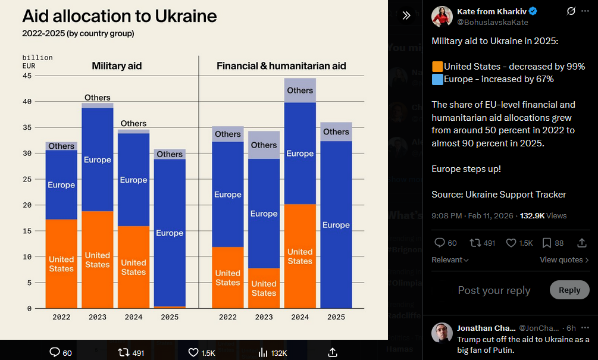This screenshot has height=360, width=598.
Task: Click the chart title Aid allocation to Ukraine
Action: pos(120,15)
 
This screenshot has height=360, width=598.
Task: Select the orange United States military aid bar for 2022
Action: pos(61,264)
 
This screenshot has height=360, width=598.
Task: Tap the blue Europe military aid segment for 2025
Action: pos(170,233)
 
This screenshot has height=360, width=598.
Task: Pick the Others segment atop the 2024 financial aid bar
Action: pos(300,90)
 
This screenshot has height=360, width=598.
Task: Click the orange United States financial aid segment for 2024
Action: pos(300,256)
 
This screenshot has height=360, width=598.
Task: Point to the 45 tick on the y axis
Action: pos(27,76)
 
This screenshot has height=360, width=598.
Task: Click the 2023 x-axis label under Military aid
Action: pos(98,317)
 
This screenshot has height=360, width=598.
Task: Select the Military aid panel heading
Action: pos(117,66)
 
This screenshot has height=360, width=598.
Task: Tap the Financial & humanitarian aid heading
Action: pos(281,66)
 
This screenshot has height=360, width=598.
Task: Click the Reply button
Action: pos(569,290)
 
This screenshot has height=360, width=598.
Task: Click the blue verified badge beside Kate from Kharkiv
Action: pos(533,11)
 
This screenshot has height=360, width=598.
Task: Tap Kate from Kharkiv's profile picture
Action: pos(442,16)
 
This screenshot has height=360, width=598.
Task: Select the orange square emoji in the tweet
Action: pos(437,67)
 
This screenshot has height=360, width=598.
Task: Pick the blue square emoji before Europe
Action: pos(437,79)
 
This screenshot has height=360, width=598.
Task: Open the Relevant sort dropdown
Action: pos(450,260)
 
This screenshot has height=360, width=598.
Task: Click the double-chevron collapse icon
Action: pos(406,15)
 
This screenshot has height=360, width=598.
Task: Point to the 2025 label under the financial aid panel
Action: pos(336,317)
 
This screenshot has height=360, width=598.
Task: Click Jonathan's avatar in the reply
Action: pos(442,333)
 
